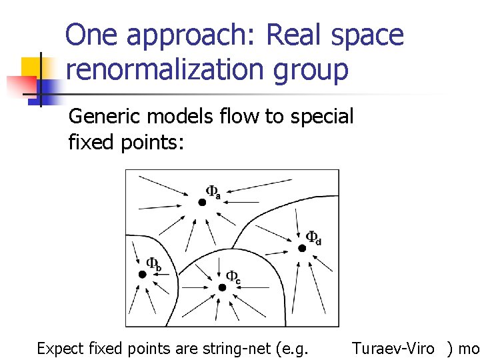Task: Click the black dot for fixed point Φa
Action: (202, 202)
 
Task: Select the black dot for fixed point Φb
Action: (142, 274)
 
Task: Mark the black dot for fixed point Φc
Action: (222, 287)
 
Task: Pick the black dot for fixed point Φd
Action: (301, 248)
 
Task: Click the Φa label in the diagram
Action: (213, 192)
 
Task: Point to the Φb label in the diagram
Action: (153, 264)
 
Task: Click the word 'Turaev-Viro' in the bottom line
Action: (393, 348)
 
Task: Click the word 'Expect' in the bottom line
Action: (59, 348)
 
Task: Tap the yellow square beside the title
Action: (32, 67)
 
